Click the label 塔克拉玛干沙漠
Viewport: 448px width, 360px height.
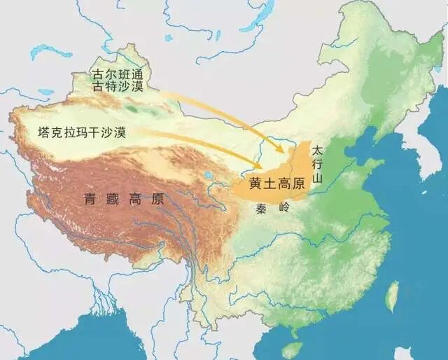(83, 132)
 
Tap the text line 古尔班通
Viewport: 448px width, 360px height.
(118, 74)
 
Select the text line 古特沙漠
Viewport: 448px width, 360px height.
(118, 87)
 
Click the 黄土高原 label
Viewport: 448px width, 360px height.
(276, 184)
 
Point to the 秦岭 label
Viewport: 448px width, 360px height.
(276, 208)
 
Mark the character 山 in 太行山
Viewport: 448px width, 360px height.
(318, 179)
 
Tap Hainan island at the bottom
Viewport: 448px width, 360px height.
(296, 348)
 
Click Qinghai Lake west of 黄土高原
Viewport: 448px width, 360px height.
(208, 176)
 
